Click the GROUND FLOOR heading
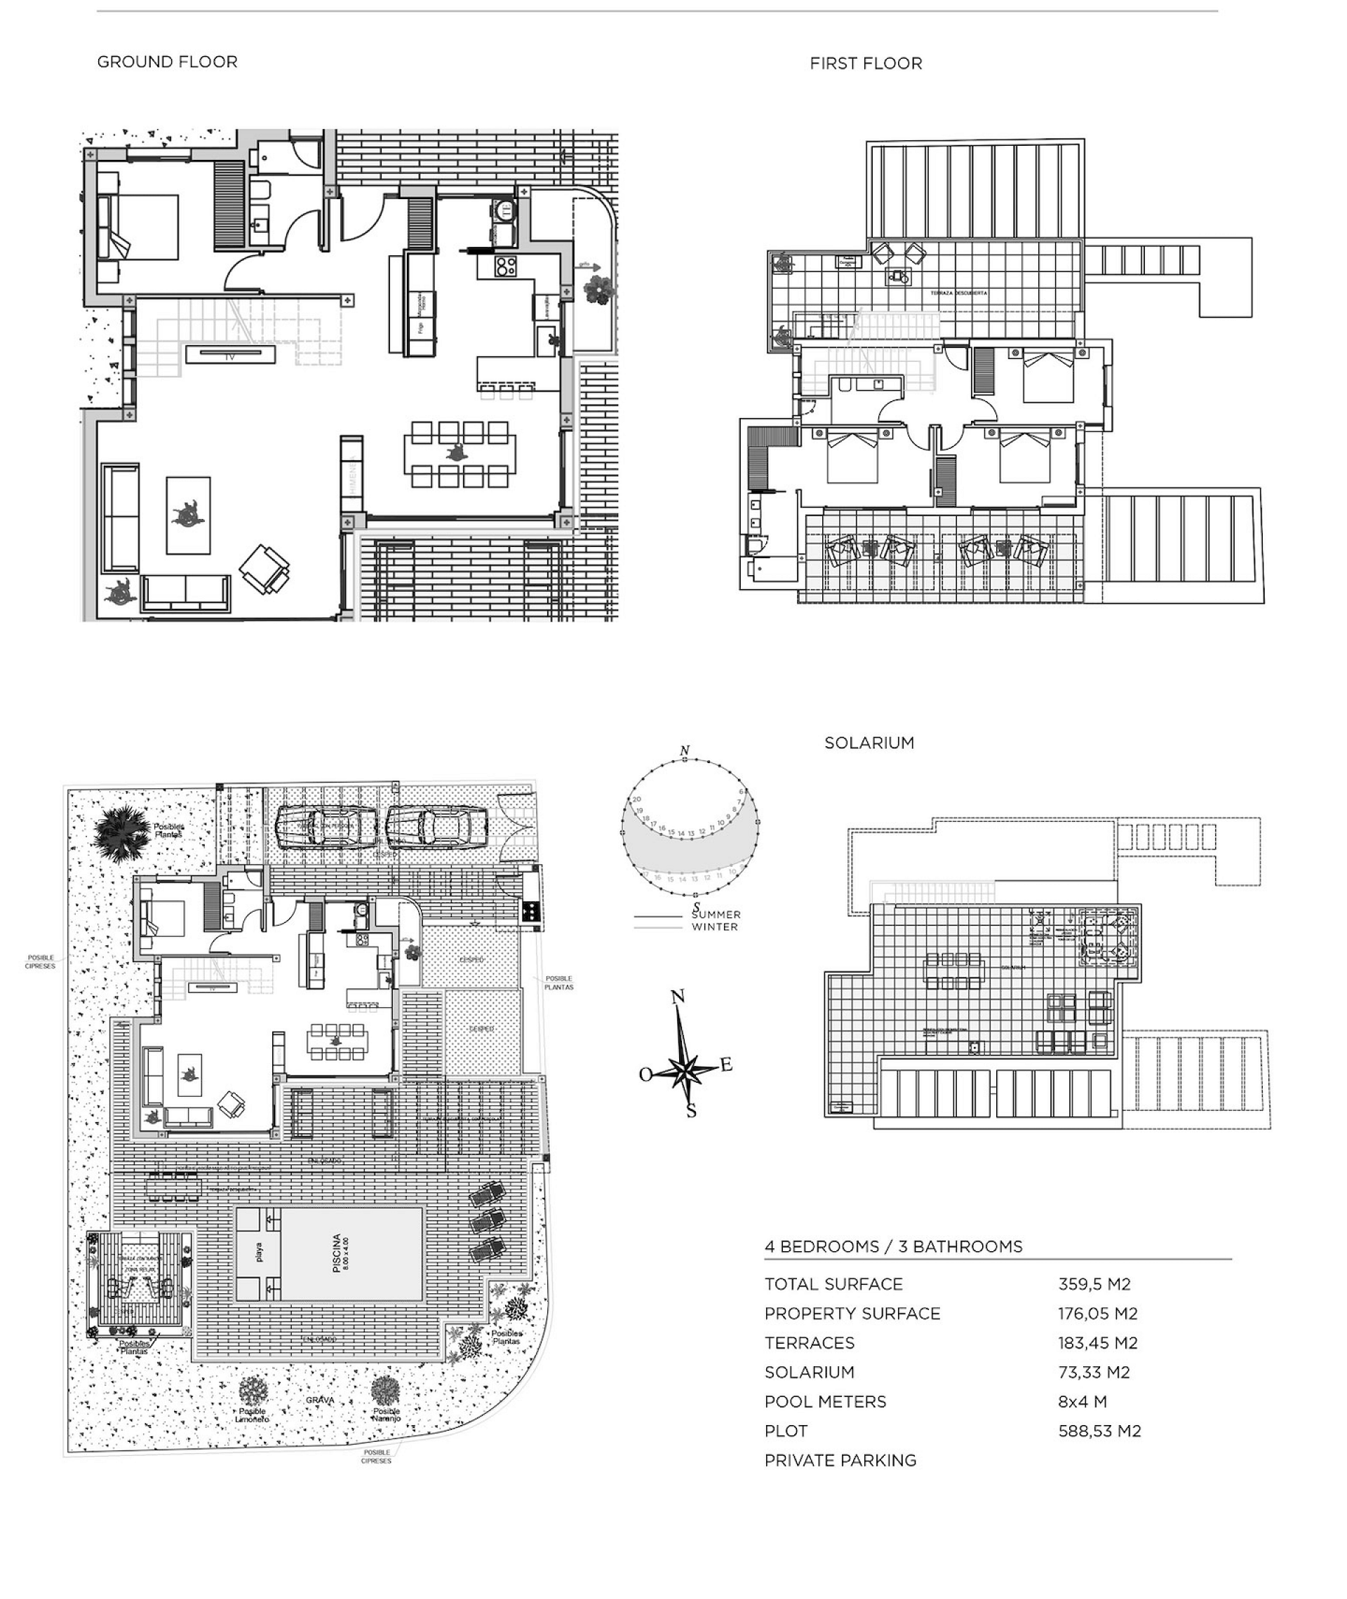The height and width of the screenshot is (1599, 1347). (x=167, y=62)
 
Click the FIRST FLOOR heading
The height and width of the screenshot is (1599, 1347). (x=865, y=63)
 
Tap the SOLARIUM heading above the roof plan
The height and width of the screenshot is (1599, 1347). (x=869, y=743)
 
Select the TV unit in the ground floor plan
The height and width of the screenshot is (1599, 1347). (x=230, y=355)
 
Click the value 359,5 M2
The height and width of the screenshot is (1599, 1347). (x=1094, y=1285)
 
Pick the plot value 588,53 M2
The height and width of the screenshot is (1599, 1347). (x=1099, y=1431)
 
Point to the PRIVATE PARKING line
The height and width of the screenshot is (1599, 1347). (x=840, y=1461)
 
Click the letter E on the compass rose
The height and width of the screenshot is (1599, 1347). (x=726, y=1065)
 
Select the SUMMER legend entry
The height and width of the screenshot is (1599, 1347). (x=716, y=915)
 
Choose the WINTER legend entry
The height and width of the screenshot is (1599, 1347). (x=715, y=927)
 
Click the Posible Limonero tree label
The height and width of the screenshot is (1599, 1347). (x=252, y=1415)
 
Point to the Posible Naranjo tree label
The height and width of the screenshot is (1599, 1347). (x=387, y=1415)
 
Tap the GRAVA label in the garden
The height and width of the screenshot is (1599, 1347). (x=320, y=1400)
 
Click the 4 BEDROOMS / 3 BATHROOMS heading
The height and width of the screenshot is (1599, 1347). (x=892, y=1247)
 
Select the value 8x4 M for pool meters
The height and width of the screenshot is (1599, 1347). (x=1082, y=1402)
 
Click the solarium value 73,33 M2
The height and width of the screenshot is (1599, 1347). (x=1094, y=1372)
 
